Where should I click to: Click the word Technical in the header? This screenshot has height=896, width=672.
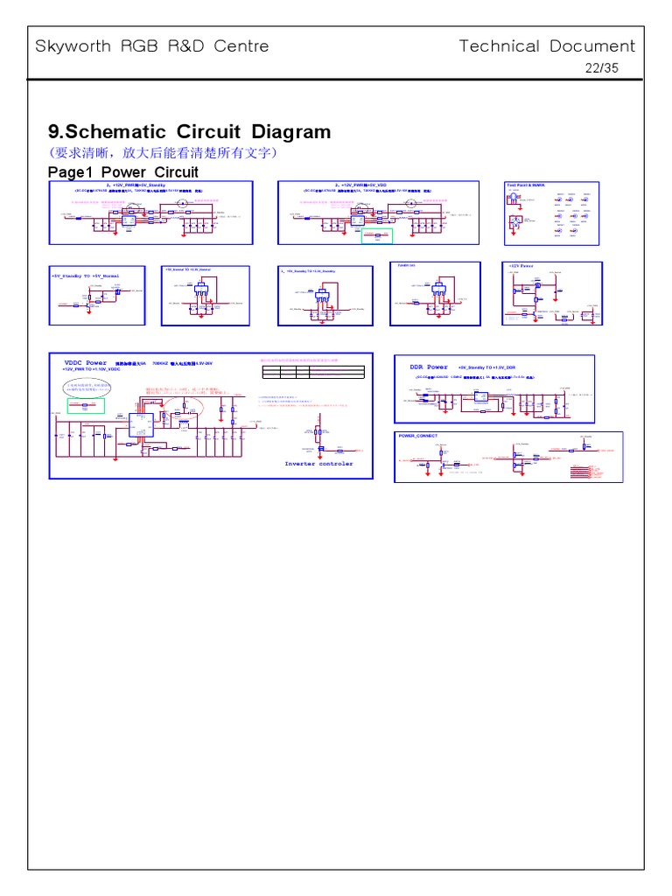[500, 46]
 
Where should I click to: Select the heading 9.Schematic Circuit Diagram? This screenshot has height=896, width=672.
[190, 132]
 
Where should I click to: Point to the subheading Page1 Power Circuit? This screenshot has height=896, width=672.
[122, 171]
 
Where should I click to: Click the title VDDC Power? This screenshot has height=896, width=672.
[85, 362]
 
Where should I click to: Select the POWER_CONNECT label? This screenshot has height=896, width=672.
[418, 436]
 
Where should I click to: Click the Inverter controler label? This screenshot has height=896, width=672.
[318, 464]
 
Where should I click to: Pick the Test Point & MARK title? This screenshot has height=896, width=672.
[525, 185]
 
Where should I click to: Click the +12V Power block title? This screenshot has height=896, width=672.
[521, 265]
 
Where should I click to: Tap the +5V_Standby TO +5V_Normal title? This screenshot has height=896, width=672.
[85, 276]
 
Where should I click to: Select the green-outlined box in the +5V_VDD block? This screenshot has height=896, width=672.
[377, 235]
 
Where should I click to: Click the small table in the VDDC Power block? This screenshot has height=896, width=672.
[312, 372]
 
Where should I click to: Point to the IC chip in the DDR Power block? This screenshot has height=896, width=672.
[481, 398]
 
